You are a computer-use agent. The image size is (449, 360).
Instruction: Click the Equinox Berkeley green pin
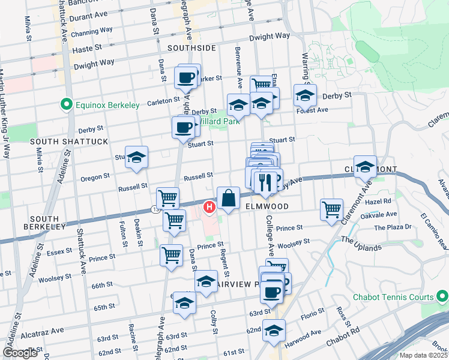coord(67,105)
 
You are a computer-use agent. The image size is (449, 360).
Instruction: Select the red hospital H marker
coord(209,208)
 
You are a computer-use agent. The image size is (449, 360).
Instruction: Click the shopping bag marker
coord(229,198)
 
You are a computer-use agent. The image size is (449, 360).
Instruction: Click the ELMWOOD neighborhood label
coord(267,206)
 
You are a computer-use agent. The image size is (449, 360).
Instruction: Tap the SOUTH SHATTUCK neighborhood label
coord(70,141)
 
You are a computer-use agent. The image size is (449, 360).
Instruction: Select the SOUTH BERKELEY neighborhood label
coord(44,222)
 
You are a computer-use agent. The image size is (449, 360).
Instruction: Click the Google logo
coord(20,353)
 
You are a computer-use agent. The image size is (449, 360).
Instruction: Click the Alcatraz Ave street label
coord(44,330)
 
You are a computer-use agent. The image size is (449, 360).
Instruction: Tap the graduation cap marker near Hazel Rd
coord(365,166)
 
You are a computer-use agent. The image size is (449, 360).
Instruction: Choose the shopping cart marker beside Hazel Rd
coord(331,209)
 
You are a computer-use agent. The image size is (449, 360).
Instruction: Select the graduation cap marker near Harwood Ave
coord(274,331)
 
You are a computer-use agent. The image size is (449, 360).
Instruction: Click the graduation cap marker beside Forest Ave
coord(305,95)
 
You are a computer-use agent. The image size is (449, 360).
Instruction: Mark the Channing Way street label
coord(91,32)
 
